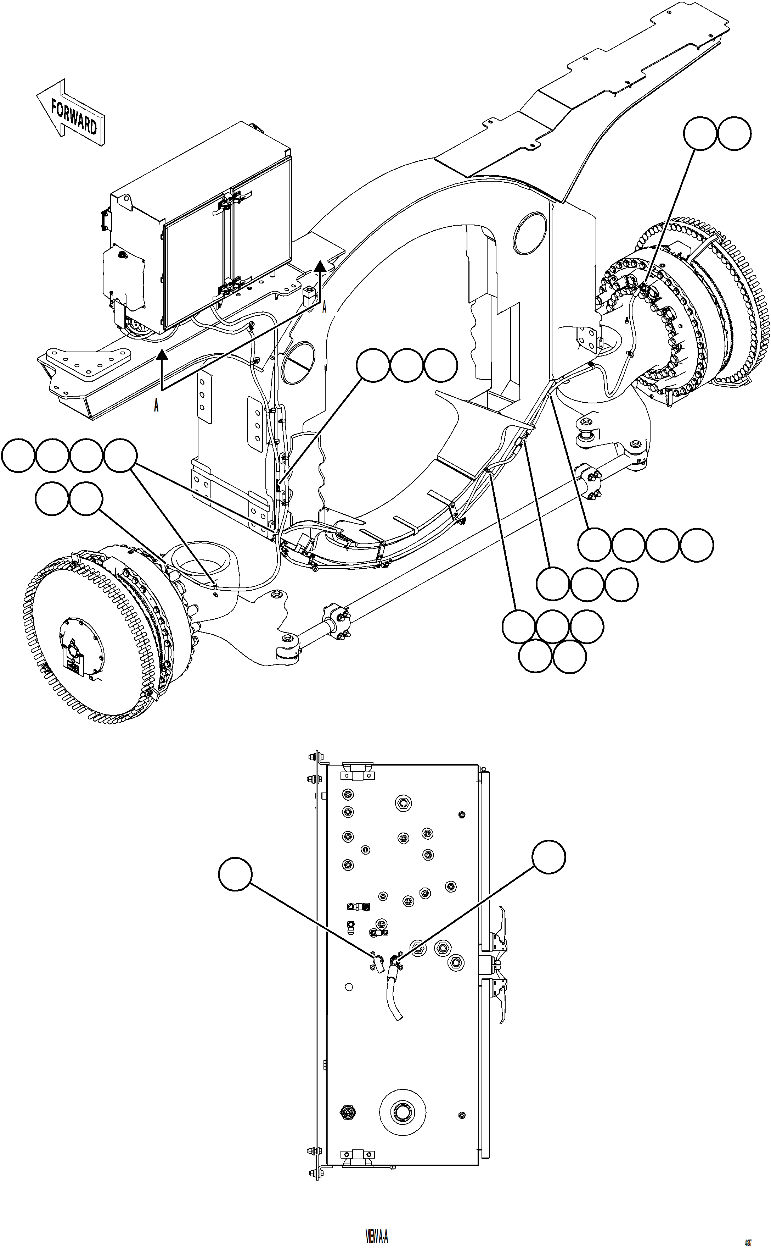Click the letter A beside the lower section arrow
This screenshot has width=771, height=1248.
click(156, 406)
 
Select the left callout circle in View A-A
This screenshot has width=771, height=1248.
click(235, 876)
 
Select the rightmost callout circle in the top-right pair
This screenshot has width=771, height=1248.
click(734, 134)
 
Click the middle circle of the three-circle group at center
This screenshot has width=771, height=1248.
click(406, 365)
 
